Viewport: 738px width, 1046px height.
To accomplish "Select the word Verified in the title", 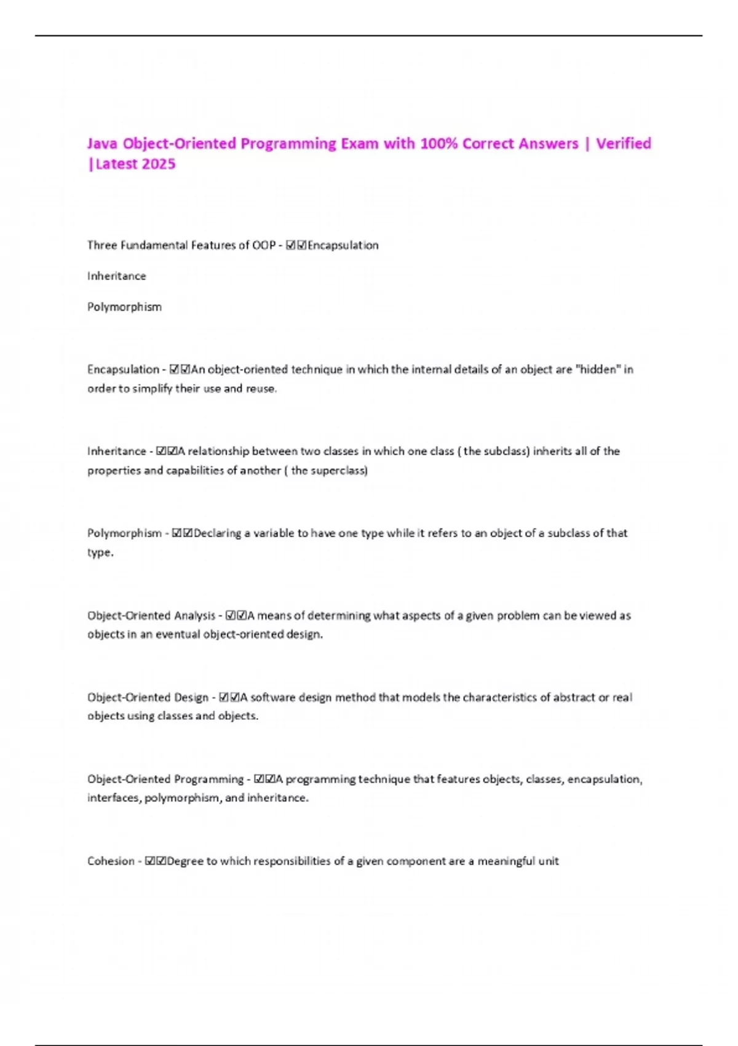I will pyautogui.click(x=623, y=143).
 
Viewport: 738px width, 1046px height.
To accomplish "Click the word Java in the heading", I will pyautogui.click(x=102, y=143).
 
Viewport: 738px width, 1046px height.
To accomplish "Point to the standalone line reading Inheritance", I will pyautogui.click(x=116, y=276).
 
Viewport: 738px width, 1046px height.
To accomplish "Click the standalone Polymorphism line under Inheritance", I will pyautogui.click(x=124, y=307).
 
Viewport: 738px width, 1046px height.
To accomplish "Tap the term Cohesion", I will pyautogui.click(x=111, y=861).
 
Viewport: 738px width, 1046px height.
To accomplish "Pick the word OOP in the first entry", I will pyautogui.click(x=264, y=246).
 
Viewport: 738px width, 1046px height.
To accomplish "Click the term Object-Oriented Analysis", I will pyautogui.click(x=151, y=615).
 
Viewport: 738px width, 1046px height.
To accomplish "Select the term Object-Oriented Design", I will pyautogui.click(x=148, y=697).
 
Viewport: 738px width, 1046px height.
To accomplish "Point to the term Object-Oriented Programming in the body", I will pyautogui.click(x=165, y=779).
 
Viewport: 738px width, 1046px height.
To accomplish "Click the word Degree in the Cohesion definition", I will pyautogui.click(x=184, y=861).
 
